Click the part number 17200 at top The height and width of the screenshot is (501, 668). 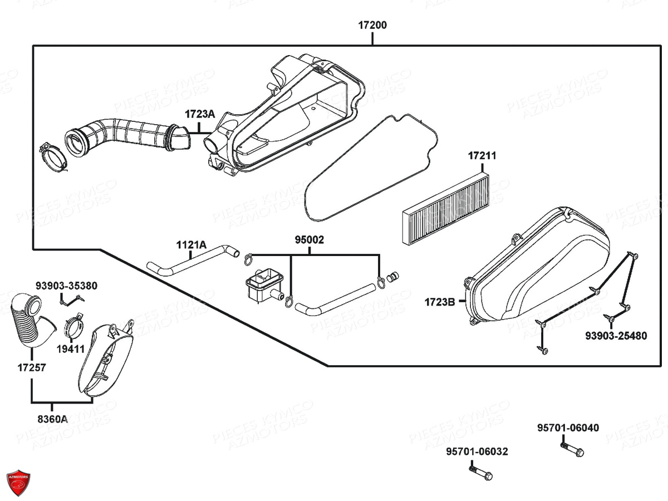tap(372, 25)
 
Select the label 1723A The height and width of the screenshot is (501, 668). tap(199, 114)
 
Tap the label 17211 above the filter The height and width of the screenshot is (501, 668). tap(482, 156)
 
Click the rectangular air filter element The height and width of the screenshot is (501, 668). tap(448, 207)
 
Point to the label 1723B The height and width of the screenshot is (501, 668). tap(440, 302)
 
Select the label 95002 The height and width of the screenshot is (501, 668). tap(310, 240)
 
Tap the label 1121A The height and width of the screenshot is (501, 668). tap(191, 244)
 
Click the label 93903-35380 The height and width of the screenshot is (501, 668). tap(66, 286)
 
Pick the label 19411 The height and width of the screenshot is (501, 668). tap(70, 349)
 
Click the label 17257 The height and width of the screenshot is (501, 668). tap(31, 367)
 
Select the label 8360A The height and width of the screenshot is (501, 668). tap(52, 419)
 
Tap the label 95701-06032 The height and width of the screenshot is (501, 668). tap(477, 452)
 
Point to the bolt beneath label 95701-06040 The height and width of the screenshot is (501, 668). tap(572, 449)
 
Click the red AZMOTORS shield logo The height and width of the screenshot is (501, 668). tap(18, 482)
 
